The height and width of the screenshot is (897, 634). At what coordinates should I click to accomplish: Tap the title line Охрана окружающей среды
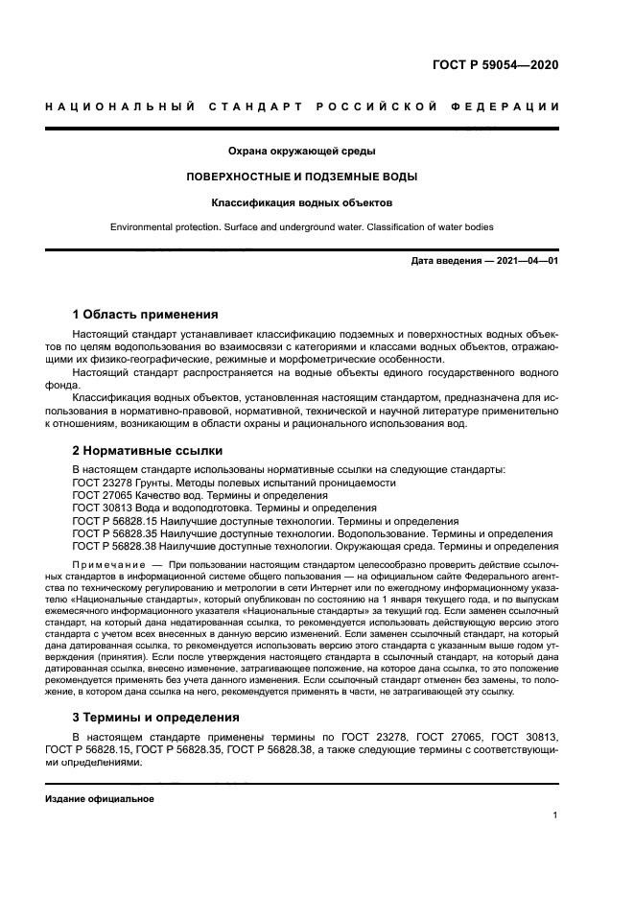point(301,151)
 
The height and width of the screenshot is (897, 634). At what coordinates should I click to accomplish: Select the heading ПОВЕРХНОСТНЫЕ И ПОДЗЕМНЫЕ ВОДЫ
point(301,177)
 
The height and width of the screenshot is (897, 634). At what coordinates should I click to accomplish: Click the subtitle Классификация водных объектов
point(301,202)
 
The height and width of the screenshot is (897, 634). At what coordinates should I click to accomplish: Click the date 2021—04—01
point(527,261)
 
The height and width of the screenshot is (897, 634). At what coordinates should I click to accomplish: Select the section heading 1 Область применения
point(145,314)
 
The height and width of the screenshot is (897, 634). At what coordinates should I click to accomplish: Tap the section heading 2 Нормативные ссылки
point(148,450)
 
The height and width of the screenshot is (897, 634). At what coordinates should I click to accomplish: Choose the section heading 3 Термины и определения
point(157,718)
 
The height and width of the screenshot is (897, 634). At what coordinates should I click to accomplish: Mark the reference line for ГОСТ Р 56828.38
point(316,547)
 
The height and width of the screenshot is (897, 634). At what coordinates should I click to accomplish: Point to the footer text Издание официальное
point(99,798)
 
